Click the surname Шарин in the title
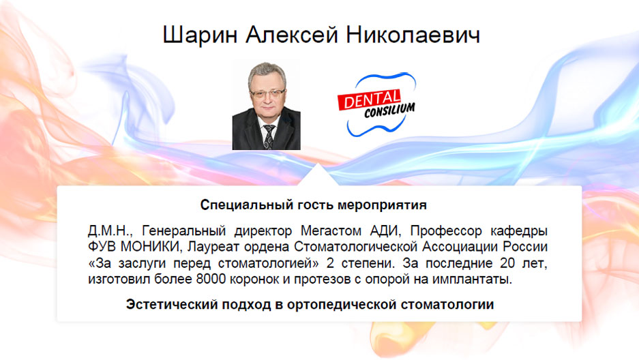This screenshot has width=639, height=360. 200,35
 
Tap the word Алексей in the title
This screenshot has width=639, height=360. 292,34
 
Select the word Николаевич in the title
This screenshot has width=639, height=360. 413,34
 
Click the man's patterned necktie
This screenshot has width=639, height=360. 269,137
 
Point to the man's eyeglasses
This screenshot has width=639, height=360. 267,93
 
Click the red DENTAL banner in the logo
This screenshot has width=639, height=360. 369,100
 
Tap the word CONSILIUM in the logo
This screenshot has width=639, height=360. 389,110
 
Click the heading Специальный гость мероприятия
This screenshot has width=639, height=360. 314,205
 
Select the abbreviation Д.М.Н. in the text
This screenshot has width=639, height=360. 110,231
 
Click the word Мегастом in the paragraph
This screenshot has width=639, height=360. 331,231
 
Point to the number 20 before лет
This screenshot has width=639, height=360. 507,263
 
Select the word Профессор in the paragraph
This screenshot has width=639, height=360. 446,231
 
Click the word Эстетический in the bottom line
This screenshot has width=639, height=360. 172,304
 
